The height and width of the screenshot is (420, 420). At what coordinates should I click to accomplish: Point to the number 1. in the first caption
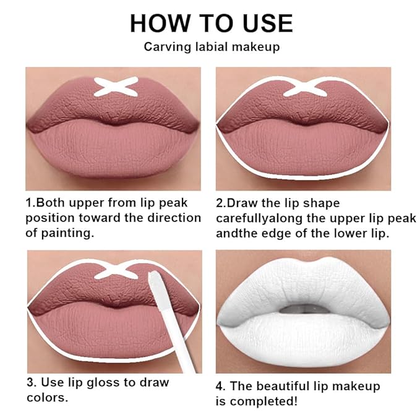(30, 203)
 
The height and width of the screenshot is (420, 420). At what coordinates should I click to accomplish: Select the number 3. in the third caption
(30, 382)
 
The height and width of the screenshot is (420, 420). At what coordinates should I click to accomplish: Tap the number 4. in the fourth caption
(221, 387)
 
